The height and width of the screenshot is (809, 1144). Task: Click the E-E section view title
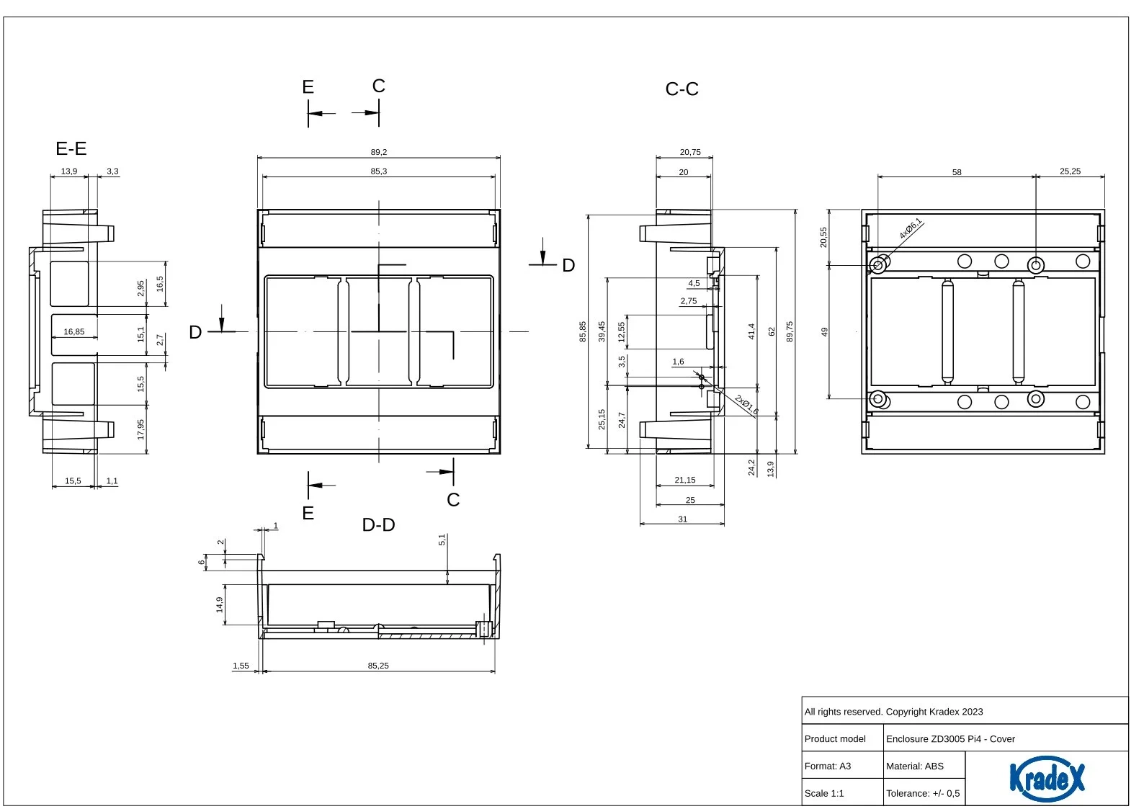(71, 148)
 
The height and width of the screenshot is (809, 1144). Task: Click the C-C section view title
(682, 89)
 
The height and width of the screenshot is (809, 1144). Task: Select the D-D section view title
(378, 525)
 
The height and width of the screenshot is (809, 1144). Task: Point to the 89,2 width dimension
(379, 152)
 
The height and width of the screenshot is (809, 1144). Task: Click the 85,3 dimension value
(379, 171)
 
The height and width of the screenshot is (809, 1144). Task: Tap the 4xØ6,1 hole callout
(911, 229)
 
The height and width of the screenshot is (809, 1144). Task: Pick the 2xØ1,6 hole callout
(746, 405)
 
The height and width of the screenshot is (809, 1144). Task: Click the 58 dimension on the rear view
(957, 172)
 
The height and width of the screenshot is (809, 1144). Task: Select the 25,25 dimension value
(1070, 171)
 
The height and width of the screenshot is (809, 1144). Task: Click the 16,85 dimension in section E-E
(74, 332)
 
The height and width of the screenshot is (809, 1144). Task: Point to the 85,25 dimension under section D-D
(378, 666)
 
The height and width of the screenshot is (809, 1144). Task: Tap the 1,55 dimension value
(241, 666)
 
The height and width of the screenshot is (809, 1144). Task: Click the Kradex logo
(1047, 778)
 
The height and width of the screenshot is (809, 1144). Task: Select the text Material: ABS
(915, 766)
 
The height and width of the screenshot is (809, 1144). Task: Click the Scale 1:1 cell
(824, 793)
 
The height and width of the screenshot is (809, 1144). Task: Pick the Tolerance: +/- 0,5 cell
(923, 793)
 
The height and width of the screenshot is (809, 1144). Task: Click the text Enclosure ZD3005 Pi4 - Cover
(950, 739)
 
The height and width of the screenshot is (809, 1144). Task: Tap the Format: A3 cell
(828, 766)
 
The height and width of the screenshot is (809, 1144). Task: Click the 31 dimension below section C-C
(683, 519)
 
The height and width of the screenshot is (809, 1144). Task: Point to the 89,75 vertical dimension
(790, 331)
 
